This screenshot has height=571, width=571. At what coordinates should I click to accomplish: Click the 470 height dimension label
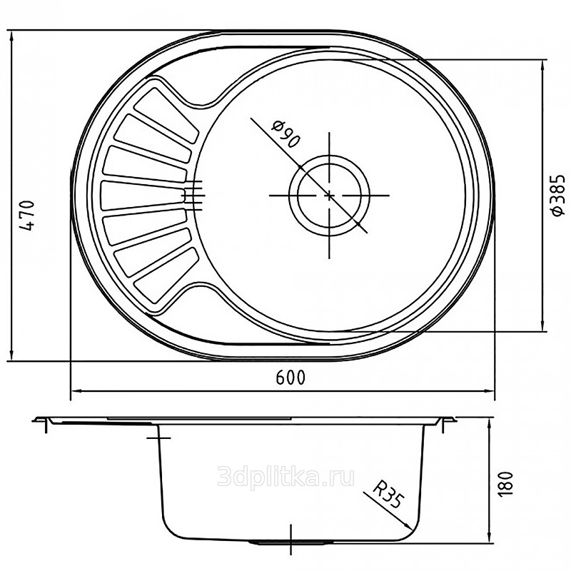[x=28, y=216]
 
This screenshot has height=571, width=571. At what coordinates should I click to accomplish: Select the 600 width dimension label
[x=290, y=378]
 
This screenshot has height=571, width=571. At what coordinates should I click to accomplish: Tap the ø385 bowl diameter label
[x=557, y=196]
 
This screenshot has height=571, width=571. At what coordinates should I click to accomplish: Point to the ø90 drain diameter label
[x=287, y=133]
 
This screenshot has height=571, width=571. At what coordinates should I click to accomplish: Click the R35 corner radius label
[x=388, y=494]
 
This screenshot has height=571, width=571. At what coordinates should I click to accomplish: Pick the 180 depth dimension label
[x=505, y=483]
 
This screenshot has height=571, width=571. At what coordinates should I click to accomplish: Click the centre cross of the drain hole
[x=329, y=196]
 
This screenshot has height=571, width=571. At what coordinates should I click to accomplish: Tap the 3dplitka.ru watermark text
[x=285, y=477]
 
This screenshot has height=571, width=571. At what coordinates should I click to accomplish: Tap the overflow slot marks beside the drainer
[x=193, y=196]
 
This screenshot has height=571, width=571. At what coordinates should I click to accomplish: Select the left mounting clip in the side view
[x=46, y=423]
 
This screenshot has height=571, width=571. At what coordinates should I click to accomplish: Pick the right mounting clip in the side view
[x=445, y=423]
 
